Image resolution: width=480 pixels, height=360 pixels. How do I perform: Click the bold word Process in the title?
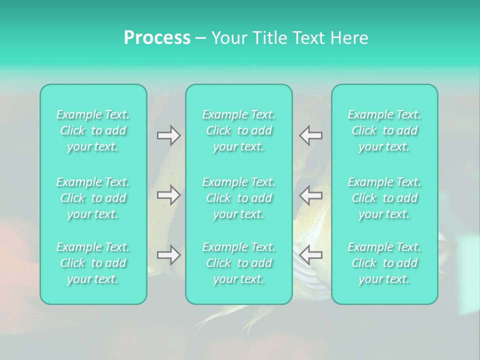(x=157, y=38)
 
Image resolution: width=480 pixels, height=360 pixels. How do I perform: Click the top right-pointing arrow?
(x=168, y=135)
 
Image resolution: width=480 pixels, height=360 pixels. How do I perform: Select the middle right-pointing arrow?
(x=168, y=195)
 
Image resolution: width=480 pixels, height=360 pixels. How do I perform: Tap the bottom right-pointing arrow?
(x=168, y=255)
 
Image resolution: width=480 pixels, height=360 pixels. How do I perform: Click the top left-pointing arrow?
(x=311, y=135)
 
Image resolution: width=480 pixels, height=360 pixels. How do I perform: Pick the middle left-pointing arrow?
(x=311, y=195)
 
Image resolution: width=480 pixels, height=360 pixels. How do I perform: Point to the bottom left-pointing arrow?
(x=311, y=255)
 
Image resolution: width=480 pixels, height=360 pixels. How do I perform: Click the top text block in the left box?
(x=93, y=130)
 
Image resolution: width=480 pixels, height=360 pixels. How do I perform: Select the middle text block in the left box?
(x=93, y=198)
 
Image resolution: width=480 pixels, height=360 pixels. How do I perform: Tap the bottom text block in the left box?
(x=93, y=263)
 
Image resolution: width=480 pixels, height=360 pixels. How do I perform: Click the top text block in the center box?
(x=239, y=130)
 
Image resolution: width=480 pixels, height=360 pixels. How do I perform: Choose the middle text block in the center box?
(x=239, y=198)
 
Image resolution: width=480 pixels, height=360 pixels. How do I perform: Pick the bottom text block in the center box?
(x=239, y=263)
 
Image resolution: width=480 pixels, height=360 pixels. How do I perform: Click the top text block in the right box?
(x=384, y=130)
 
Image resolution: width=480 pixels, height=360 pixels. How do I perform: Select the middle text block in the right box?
(x=384, y=198)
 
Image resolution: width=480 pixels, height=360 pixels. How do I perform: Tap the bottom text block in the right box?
(x=384, y=263)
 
